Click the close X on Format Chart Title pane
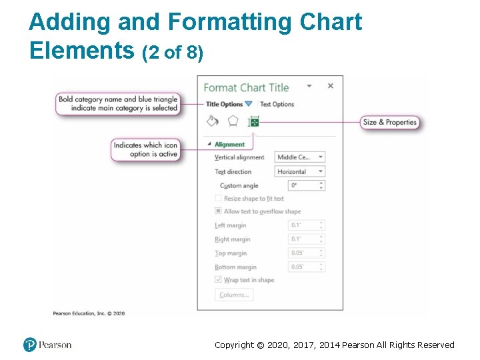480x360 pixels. pos(330,86)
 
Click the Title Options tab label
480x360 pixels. pos(224,104)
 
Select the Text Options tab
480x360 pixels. pos(277,104)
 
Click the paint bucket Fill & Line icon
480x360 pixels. pos(212,121)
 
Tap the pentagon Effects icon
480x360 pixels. pos(233,121)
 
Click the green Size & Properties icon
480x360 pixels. pos(253,122)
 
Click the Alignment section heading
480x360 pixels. pos(229,144)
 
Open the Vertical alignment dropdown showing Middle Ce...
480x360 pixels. pos(300,157)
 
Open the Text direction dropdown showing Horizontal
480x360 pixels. pos(300,171)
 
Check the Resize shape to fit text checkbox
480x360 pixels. pos(218,198)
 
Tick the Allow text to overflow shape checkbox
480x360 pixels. pos(218,211)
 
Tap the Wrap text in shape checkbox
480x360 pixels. pos(218,280)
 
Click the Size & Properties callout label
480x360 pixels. pos(390,122)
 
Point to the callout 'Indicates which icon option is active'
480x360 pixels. pos(145,149)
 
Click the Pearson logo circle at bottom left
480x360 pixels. pos(29,345)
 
